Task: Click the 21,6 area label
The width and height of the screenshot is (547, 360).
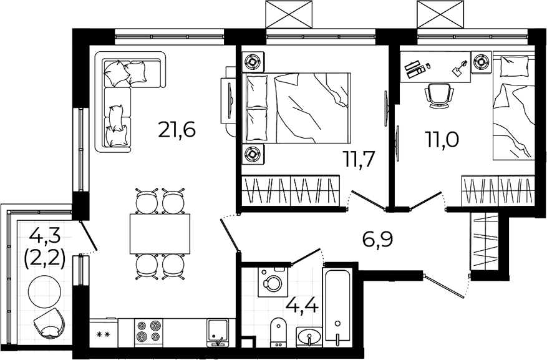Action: click(x=177, y=129)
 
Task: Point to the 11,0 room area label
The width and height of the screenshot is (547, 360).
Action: click(x=442, y=140)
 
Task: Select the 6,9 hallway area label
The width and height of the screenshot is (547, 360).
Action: click(x=378, y=240)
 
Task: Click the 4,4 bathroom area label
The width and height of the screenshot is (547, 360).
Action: click(x=302, y=307)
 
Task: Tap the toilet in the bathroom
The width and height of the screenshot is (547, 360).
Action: click(x=278, y=332)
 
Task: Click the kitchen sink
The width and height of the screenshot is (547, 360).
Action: click(x=218, y=333)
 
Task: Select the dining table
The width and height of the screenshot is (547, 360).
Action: click(x=160, y=234)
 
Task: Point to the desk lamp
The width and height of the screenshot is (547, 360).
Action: click(x=458, y=68)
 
